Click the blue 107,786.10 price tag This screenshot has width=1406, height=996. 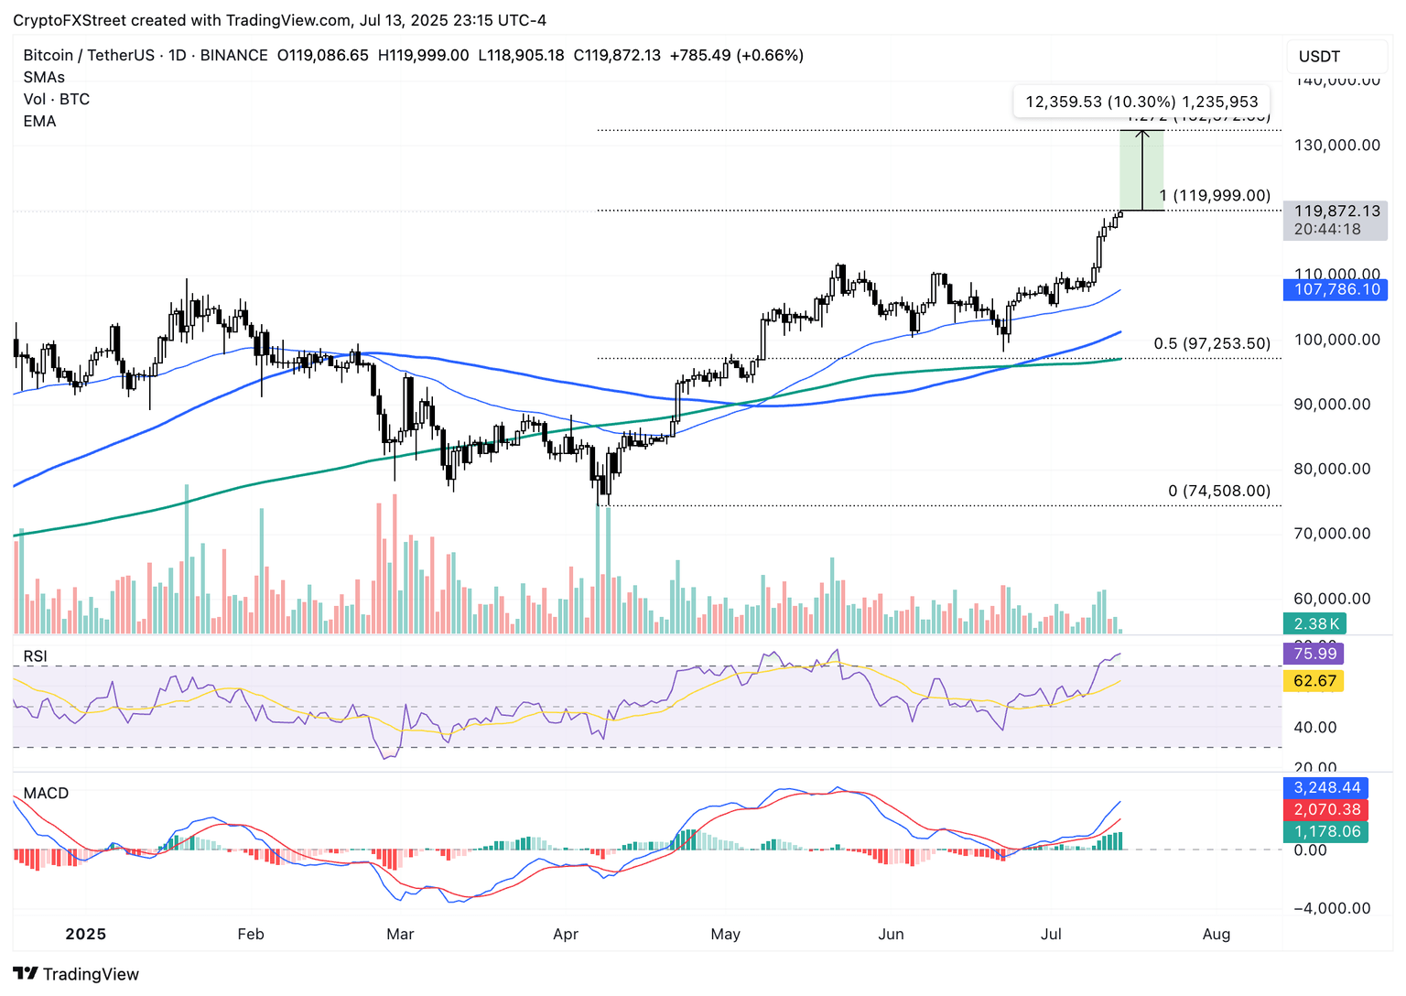[1336, 290]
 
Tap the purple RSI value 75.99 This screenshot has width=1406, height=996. [1314, 654]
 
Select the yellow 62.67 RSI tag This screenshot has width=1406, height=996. [1314, 681]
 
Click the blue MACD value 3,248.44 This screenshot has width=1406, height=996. [1326, 788]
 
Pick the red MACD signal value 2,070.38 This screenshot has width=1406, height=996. [1326, 810]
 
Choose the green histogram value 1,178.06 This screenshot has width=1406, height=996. [1326, 832]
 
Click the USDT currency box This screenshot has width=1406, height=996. [1336, 57]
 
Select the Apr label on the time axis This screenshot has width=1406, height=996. [566, 935]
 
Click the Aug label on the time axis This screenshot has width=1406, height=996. [1216, 935]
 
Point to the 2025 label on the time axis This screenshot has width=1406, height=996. [86, 935]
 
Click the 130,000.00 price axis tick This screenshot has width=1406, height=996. [1336, 146]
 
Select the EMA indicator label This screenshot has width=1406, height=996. [39, 122]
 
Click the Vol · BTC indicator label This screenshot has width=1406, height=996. [56, 100]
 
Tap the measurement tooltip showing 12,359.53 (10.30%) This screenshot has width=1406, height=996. [1141, 102]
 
